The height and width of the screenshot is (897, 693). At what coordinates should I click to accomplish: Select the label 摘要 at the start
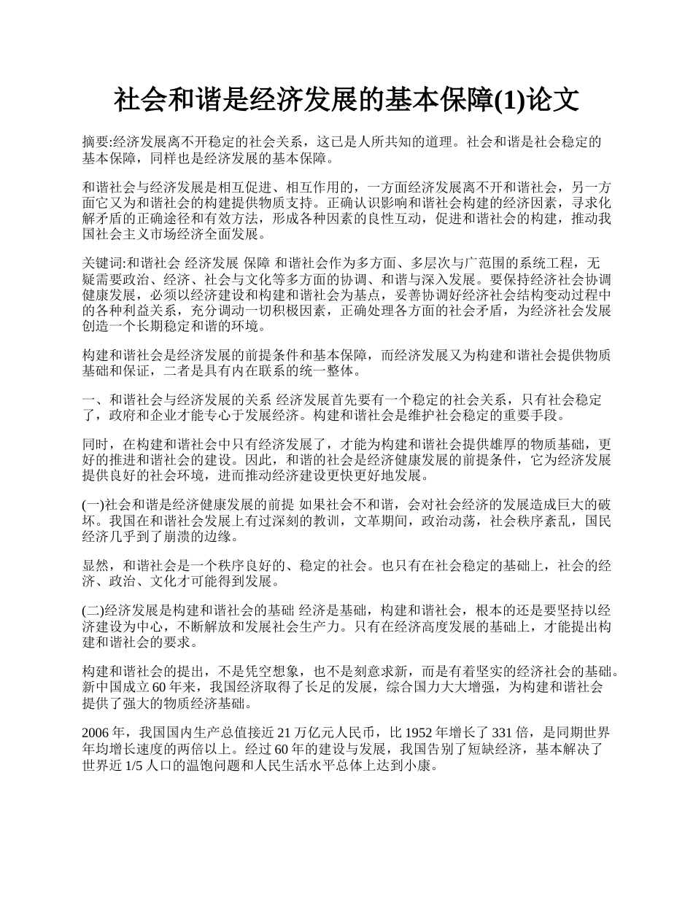[x=96, y=142]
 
